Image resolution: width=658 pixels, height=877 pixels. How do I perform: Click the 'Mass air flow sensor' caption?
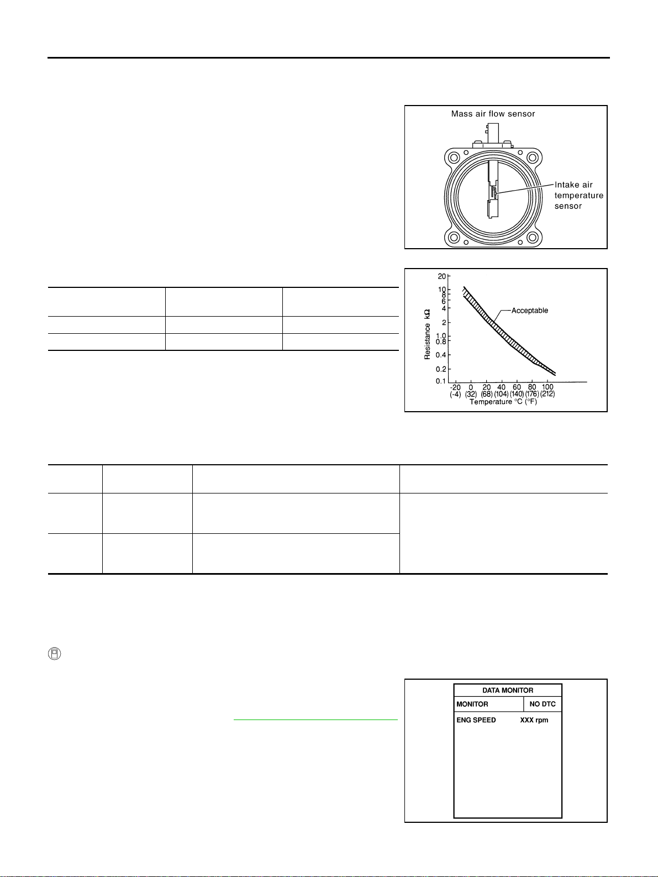[493, 114]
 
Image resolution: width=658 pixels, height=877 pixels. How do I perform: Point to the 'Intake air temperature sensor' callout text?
[578, 196]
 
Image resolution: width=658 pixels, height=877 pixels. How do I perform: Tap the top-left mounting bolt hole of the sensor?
[454, 157]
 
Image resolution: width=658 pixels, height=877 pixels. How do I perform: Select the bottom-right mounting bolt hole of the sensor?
[533, 238]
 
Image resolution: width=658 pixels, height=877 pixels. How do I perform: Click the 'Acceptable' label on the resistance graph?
[529, 311]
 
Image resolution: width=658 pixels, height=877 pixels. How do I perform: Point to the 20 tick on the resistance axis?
[441, 276]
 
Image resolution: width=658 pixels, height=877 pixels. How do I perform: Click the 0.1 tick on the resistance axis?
[440, 381]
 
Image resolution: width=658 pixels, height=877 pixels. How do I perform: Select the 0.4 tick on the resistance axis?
[440, 355]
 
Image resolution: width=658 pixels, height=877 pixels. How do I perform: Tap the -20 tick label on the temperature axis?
[455, 387]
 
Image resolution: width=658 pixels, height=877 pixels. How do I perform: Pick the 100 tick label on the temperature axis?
[548, 387]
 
